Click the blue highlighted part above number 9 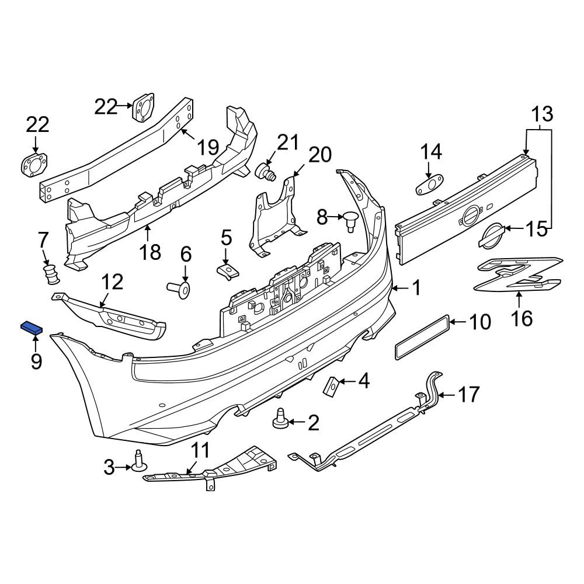point(32,328)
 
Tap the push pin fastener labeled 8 point(350,221)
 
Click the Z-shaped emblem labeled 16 point(517,274)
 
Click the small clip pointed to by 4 point(331,386)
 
